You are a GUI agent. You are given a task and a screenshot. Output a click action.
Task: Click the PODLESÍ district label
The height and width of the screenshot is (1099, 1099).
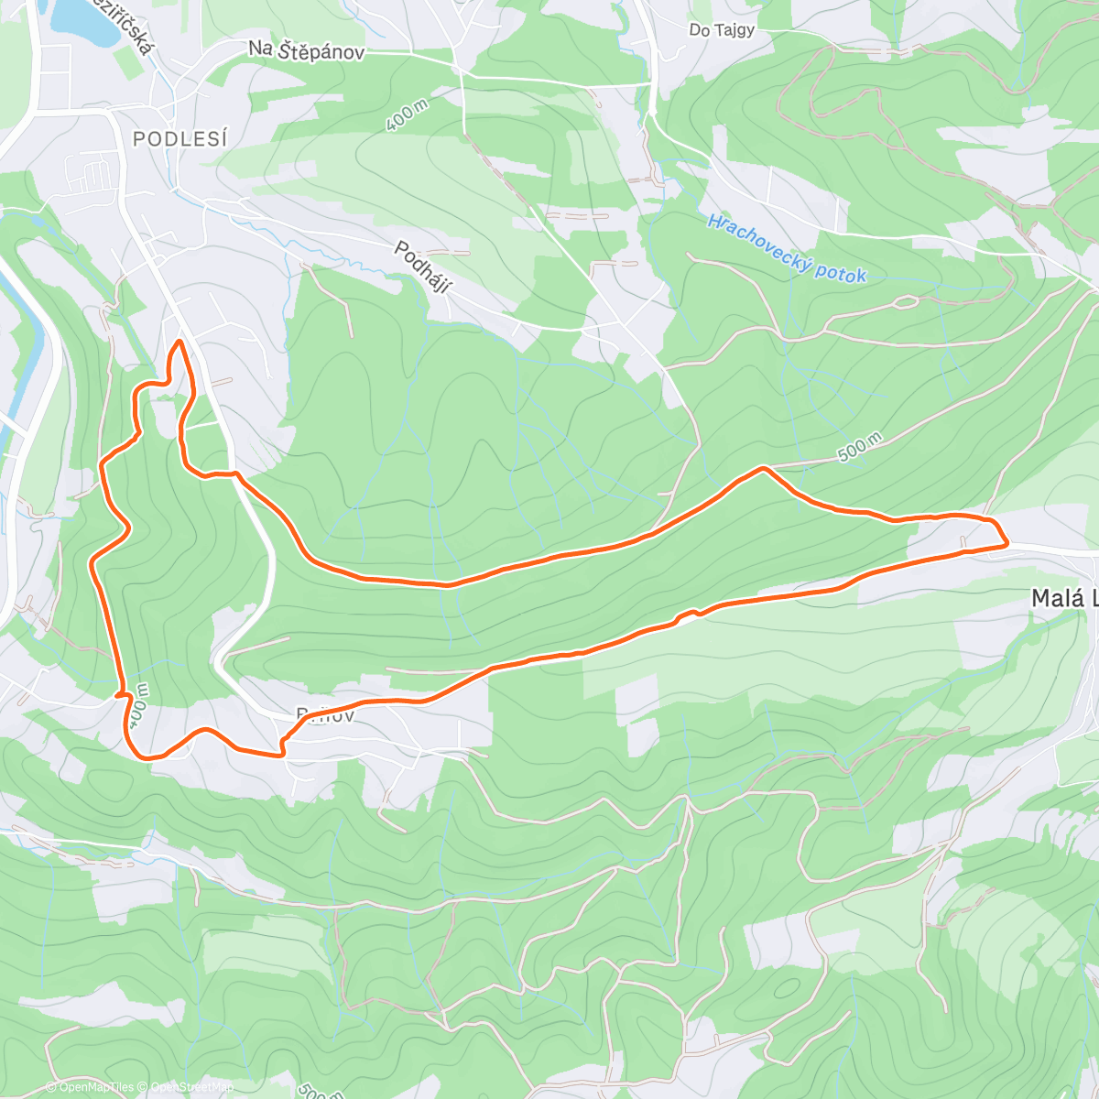pyautogui.click(x=180, y=138)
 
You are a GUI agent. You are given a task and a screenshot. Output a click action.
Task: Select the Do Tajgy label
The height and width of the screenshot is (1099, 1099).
pyautogui.click(x=722, y=29)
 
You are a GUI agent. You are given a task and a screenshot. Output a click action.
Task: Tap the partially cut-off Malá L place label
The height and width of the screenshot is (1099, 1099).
pyautogui.click(x=1063, y=599)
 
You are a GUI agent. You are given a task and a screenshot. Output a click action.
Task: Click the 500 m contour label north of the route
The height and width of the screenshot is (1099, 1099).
pyautogui.click(x=858, y=447)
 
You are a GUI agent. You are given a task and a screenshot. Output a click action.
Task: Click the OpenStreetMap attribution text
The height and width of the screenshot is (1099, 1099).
pyautogui.click(x=191, y=1087)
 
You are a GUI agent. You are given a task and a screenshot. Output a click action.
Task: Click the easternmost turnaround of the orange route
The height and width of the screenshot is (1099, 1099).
pyautogui.click(x=1006, y=542)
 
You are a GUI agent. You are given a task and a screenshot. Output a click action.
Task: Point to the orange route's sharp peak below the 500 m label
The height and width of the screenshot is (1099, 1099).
pyautogui.click(x=762, y=469)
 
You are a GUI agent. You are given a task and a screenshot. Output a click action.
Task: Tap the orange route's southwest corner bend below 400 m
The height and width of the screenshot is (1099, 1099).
pyautogui.click(x=142, y=756)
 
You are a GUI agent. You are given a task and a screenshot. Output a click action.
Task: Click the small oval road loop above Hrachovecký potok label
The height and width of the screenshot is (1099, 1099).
pyautogui.click(x=904, y=301)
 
